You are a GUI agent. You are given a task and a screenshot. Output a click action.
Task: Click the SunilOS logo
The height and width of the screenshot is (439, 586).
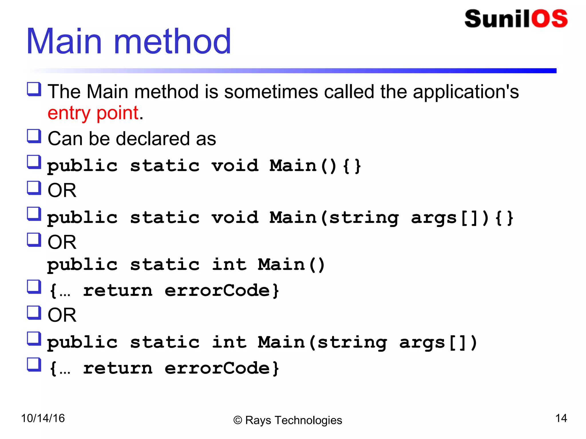[x=516, y=19]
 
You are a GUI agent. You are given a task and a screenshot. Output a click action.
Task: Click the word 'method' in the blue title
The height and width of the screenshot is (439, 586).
[x=172, y=41]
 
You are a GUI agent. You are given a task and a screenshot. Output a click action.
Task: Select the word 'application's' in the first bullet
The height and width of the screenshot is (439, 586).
[x=466, y=92]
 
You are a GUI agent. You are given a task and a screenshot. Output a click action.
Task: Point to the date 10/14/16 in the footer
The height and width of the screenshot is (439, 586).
[x=43, y=418]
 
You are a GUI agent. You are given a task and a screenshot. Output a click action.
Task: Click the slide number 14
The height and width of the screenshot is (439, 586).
[x=561, y=418]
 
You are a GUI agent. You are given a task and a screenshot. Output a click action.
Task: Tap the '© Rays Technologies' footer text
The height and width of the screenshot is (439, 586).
[x=288, y=420]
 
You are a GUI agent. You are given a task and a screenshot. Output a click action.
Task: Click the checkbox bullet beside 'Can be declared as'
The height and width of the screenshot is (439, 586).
[x=34, y=136]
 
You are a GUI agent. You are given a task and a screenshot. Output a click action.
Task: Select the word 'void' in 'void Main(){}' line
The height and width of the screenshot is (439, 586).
[x=235, y=166]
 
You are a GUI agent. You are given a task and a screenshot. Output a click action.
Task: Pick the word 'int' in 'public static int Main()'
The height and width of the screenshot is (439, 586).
[x=229, y=264]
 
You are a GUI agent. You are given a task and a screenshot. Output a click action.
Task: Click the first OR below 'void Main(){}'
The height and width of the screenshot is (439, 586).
[x=62, y=190]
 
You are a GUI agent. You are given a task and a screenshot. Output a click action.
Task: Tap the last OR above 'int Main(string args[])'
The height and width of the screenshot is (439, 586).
[x=62, y=315]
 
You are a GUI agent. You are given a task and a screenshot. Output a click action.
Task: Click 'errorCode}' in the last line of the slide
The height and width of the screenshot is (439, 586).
[x=222, y=368]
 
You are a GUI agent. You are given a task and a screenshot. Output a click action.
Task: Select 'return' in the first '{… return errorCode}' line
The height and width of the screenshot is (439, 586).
[x=118, y=291]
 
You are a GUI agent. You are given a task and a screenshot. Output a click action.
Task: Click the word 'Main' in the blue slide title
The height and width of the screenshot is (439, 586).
[x=64, y=41]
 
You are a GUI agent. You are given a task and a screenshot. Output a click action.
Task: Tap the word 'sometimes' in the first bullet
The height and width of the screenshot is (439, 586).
[x=271, y=92]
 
